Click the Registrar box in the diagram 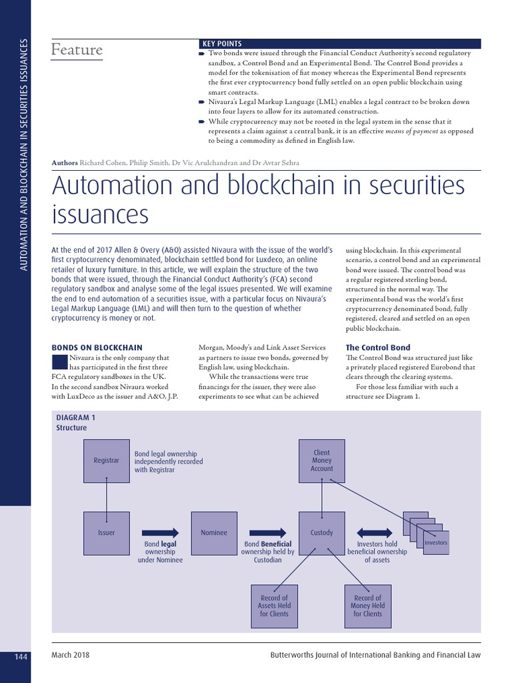(107, 460)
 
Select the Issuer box (107, 533)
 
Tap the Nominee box (214, 533)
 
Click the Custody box (322, 533)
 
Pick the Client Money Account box (322, 460)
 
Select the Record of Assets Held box (274, 606)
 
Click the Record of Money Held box (367, 606)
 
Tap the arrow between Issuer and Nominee (161, 532)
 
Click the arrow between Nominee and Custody (267, 532)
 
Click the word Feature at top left (77, 50)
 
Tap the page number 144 (21, 657)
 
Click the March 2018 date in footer (71, 655)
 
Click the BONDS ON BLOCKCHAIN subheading (97, 348)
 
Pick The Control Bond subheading (378, 348)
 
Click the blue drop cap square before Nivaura (59, 361)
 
